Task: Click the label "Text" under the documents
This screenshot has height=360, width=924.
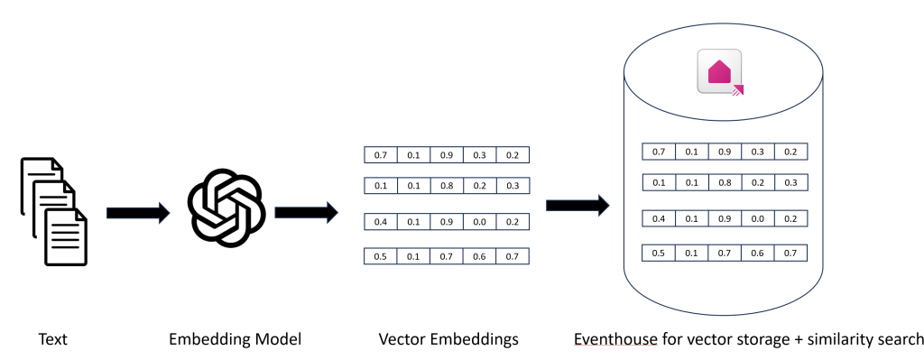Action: (52, 340)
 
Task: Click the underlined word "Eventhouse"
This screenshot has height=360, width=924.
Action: (614, 340)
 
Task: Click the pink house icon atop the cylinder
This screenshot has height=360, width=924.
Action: (720, 72)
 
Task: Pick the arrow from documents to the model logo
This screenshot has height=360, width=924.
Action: (137, 213)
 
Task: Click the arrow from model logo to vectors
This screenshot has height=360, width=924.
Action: (305, 213)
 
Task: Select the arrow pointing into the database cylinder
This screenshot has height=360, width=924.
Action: (577, 206)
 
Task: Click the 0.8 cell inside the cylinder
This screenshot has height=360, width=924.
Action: (725, 182)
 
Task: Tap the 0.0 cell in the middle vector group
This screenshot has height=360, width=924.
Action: (479, 221)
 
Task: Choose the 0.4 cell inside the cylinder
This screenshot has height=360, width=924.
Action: (659, 218)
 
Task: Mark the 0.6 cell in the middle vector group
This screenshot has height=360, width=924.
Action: (479, 256)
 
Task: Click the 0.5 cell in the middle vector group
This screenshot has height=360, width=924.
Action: (380, 256)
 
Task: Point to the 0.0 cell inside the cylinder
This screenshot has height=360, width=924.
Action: (757, 218)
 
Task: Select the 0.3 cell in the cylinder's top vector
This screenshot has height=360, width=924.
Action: (757, 152)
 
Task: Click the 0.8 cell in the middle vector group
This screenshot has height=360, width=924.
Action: (446, 185)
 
